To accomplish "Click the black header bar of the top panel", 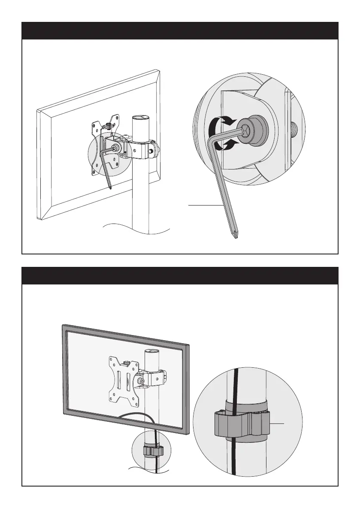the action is (180, 30).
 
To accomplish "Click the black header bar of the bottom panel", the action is (180, 275).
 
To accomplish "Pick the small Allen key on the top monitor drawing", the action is (106, 165).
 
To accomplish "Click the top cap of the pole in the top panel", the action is (140, 118).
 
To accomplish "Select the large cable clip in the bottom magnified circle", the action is (241, 426).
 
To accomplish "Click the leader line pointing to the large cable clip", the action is (277, 424).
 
